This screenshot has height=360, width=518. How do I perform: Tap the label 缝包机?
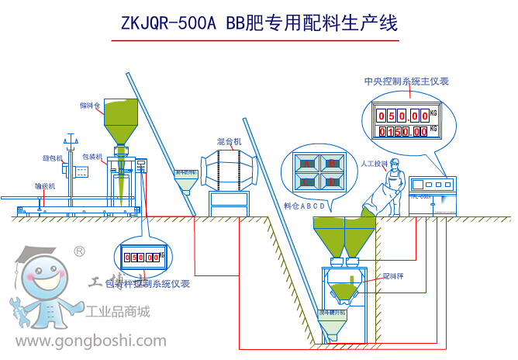coord(52,158)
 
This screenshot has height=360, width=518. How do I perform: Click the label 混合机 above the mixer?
coord(230,142)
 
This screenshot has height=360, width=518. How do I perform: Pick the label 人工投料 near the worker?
coord(374,164)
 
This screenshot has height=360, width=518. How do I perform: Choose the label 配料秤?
coord(394,276)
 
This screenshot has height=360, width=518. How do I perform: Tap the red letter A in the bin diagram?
coord(308,164)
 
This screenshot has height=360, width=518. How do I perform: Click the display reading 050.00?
coord(402,115)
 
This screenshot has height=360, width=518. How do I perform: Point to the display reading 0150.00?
coord(402,131)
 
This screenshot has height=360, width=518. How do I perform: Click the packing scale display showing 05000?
coord(140,257)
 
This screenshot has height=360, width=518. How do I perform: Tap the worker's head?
coord(395,164)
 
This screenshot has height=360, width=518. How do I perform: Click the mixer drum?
coord(230,171)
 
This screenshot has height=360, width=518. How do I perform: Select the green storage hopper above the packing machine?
coord(121,121)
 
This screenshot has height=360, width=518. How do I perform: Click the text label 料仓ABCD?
coord(303,206)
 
